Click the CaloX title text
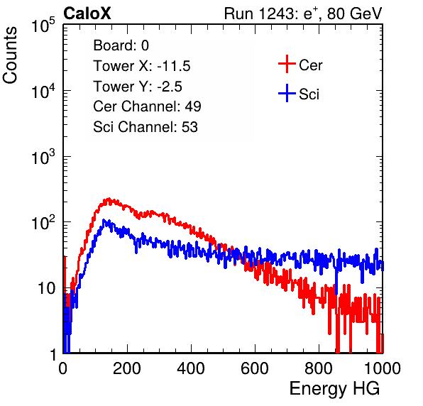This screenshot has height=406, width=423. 87,13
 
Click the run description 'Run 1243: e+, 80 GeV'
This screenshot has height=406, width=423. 303,13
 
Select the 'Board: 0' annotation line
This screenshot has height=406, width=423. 121,45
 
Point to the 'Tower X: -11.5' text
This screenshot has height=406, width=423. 142,66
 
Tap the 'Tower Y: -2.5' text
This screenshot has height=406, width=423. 138,87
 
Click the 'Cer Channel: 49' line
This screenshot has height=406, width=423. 147,106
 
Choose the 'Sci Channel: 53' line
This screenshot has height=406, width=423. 145,127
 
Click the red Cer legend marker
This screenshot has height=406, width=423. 287,64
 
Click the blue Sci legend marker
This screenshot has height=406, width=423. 287,93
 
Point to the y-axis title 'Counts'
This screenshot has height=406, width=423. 10,55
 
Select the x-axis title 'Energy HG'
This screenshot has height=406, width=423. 334,389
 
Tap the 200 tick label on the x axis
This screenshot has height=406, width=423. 127,368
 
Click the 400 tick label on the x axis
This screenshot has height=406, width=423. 191,368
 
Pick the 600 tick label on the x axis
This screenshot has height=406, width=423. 255,368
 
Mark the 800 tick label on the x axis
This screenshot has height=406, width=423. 319,368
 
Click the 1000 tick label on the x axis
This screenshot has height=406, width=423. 383,368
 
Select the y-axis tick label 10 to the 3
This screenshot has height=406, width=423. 43,157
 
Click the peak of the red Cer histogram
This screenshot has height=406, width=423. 109,199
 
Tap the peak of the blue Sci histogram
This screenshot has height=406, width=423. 103,220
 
